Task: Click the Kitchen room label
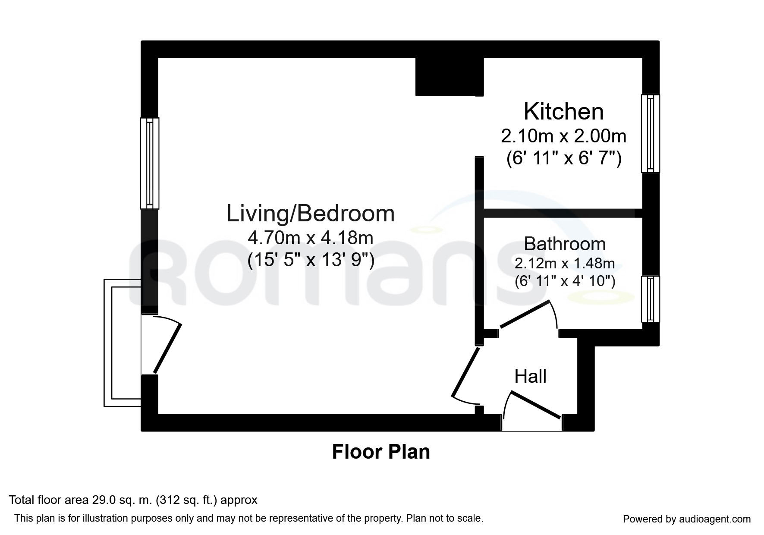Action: coord(563,111)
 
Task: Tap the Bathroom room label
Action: coord(565,244)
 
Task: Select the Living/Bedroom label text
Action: coord(311,214)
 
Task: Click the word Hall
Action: coord(530,376)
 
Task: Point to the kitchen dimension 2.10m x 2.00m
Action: coord(563,136)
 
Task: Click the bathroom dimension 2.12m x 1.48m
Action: coord(565,263)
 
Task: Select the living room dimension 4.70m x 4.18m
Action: coord(310,237)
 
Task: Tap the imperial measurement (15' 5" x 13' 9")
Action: coord(311,260)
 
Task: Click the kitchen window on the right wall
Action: coord(651,133)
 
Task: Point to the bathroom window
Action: coord(651,299)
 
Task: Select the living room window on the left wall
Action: coord(150,163)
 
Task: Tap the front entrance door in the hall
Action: coord(536,405)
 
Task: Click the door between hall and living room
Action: coord(465,372)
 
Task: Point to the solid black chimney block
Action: coord(449,77)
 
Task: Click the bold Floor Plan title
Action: coord(381,452)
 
